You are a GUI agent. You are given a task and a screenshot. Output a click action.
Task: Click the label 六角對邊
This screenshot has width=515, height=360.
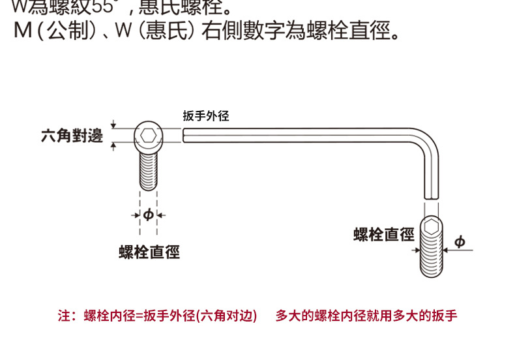tap(72, 136)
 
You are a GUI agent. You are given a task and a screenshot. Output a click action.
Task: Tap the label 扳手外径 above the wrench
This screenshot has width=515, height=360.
tap(206, 116)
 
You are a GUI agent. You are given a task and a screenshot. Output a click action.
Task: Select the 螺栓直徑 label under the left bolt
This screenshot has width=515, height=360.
tap(149, 252)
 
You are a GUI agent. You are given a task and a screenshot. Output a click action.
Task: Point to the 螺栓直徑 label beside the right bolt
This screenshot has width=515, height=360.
tap(384, 234)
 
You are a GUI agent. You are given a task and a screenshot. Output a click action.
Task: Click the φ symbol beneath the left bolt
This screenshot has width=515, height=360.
tap(149, 215)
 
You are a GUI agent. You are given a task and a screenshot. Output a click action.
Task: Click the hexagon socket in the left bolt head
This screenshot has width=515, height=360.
tap(149, 136)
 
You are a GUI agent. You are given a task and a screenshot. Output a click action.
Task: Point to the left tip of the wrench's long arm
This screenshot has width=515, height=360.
tap(185, 134)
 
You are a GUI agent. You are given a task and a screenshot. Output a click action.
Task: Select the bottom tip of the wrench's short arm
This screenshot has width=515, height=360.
tap(430, 196)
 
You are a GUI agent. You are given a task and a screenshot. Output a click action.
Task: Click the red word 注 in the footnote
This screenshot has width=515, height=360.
tap(63, 316)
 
